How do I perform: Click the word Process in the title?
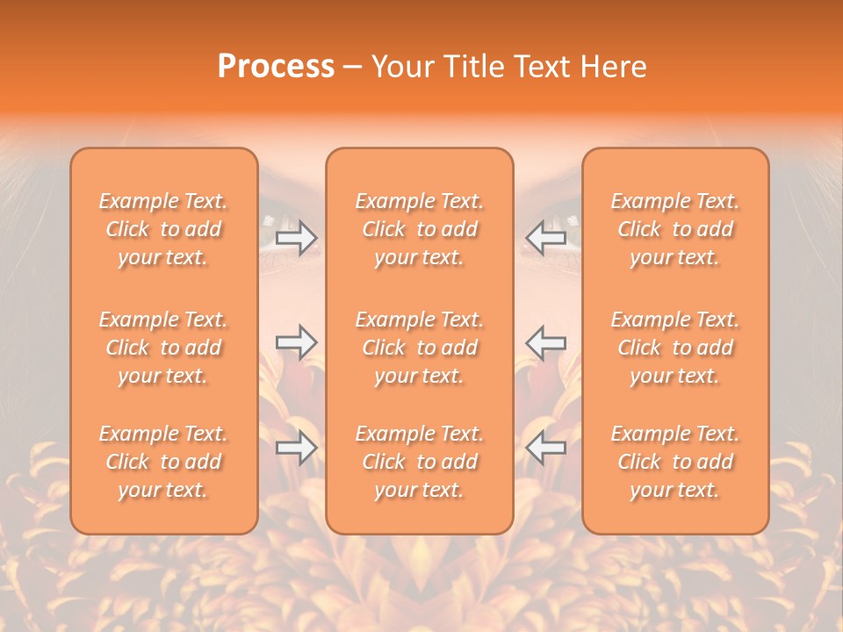276,67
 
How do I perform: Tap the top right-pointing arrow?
297,237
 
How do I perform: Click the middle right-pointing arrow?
297,342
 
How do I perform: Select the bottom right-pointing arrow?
297,448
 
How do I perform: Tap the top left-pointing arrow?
545,237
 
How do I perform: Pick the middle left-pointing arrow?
545,342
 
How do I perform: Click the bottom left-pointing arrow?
545,448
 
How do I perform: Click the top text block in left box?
163,229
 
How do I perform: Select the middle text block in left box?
163,348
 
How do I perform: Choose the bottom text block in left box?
163,462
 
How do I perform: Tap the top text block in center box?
419,229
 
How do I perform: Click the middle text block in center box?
419,348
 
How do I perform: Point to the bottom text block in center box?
419,462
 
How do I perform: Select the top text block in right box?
675,229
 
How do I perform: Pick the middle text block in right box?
675,348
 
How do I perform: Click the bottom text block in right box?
675,462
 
